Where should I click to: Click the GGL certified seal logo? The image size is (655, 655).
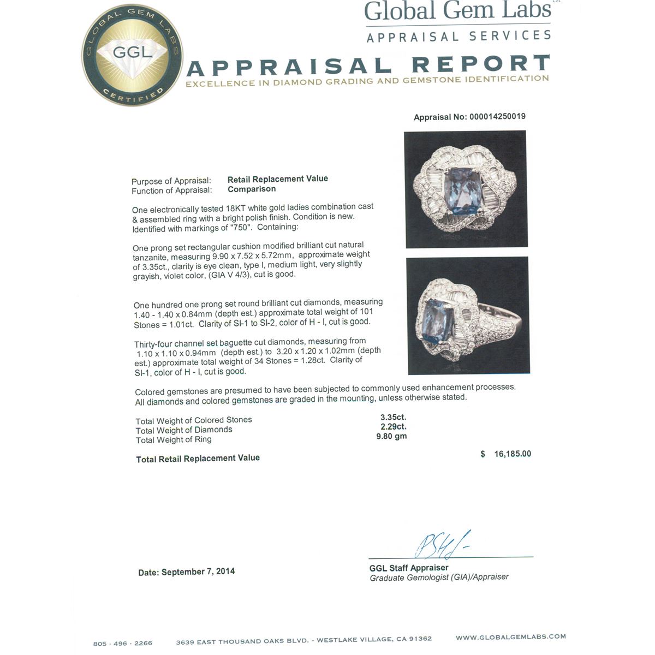[133, 56]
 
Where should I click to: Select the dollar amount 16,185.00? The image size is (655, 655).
[512, 454]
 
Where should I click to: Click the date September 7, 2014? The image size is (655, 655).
[198, 571]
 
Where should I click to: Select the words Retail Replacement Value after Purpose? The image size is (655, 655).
[277, 179]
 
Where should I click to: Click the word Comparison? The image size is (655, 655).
[252, 189]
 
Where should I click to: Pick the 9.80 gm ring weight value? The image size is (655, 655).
[391, 436]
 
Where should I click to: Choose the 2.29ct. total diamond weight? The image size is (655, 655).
[394, 427]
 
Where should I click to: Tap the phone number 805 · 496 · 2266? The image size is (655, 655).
[123, 643]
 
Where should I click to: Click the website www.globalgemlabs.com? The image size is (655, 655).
[510, 636]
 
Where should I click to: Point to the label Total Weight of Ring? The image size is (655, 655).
[174, 440]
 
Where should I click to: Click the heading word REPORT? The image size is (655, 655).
[480, 64]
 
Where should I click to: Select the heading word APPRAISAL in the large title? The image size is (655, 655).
[289, 67]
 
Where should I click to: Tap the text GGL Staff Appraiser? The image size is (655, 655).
[409, 568]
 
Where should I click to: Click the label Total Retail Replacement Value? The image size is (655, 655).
[198, 458]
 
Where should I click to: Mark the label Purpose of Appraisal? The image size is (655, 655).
[171, 181]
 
